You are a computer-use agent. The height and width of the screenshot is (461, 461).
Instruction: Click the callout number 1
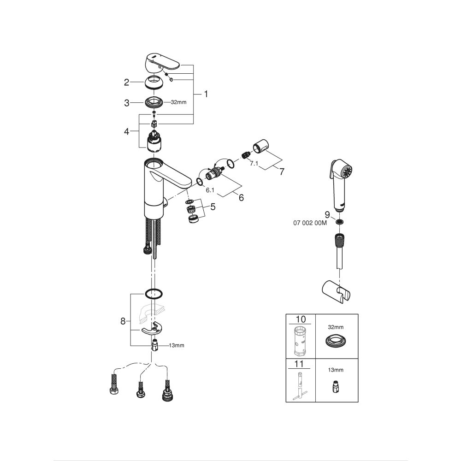pos(206,94)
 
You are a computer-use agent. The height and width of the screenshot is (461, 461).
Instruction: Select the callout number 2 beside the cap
pos(126,83)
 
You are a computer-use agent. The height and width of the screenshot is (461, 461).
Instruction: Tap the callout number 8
pos(123,321)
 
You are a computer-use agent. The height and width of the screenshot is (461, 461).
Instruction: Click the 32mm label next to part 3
pos(178,102)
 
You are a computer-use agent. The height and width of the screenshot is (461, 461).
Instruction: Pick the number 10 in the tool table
pos(300,319)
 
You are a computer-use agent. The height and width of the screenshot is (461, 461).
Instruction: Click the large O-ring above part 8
pos(153,293)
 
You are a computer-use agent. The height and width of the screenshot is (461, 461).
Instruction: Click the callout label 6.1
pos(210,190)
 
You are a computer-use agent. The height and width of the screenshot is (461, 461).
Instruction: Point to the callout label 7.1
pos(254,164)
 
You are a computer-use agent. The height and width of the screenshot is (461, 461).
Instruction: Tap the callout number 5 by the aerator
pos(213,207)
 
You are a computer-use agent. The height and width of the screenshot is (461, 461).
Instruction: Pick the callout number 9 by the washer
pos(327,214)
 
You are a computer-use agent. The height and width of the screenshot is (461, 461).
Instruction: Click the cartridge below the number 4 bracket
pos(153,142)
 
